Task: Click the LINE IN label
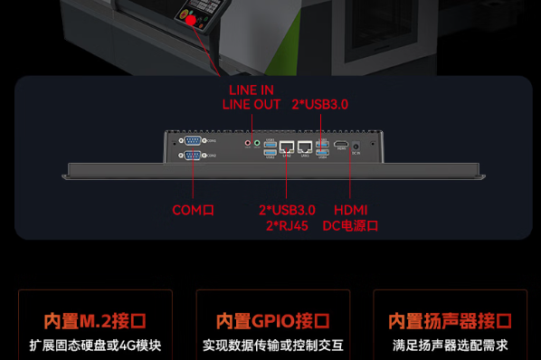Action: [x=251, y=90]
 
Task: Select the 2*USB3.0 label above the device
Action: [x=319, y=104]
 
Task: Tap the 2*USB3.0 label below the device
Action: [x=287, y=210]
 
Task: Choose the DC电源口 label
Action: [x=350, y=225]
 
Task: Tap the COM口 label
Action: [x=193, y=210]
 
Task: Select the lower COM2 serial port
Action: [x=192, y=156]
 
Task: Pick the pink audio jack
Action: [x=248, y=142]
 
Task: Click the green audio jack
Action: [x=257, y=142]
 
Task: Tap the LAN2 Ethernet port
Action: [x=287, y=146]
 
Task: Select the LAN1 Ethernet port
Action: [x=306, y=146]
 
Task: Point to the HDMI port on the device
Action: [x=341, y=145]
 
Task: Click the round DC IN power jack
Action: [x=356, y=145]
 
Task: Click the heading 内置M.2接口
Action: [x=95, y=321]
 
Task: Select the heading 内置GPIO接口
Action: [x=272, y=321]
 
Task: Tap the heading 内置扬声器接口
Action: [x=450, y=321]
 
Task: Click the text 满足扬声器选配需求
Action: [x=450, y=345]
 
